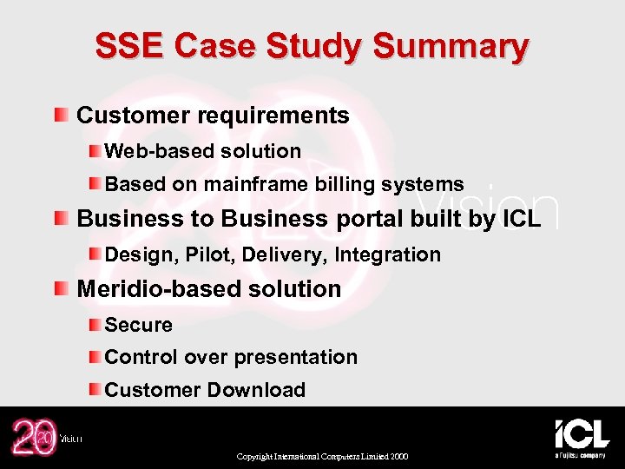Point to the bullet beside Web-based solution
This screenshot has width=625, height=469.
click(94, 151)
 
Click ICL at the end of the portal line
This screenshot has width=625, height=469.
click(521, 218)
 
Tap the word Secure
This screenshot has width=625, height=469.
click(139, 325)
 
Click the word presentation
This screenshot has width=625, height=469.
click(304, 357)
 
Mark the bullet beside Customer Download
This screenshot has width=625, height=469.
click(94, 390)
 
